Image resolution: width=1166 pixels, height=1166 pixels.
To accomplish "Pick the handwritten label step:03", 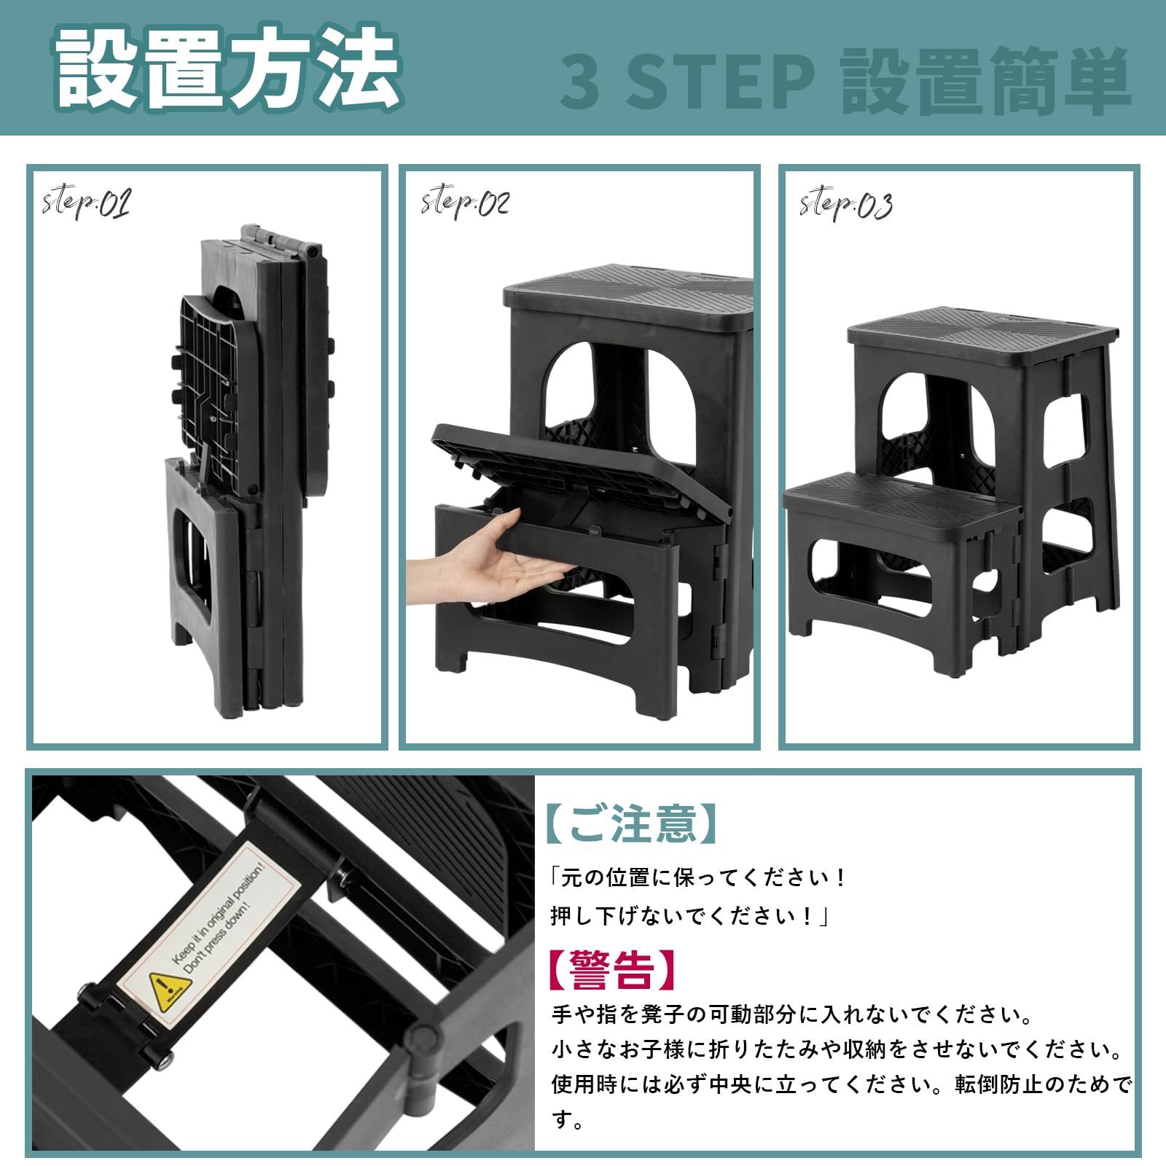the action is pyautogui.click(x=845, y=204).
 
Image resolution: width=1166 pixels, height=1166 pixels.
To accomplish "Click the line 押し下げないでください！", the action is pyautogui.click(x=689, y=916).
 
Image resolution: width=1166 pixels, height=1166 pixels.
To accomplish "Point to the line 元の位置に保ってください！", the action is pyautogui.click(x=697, y=877).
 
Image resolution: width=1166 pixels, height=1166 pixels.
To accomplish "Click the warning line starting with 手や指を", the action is pyautogui.click(x=791, y=1014).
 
